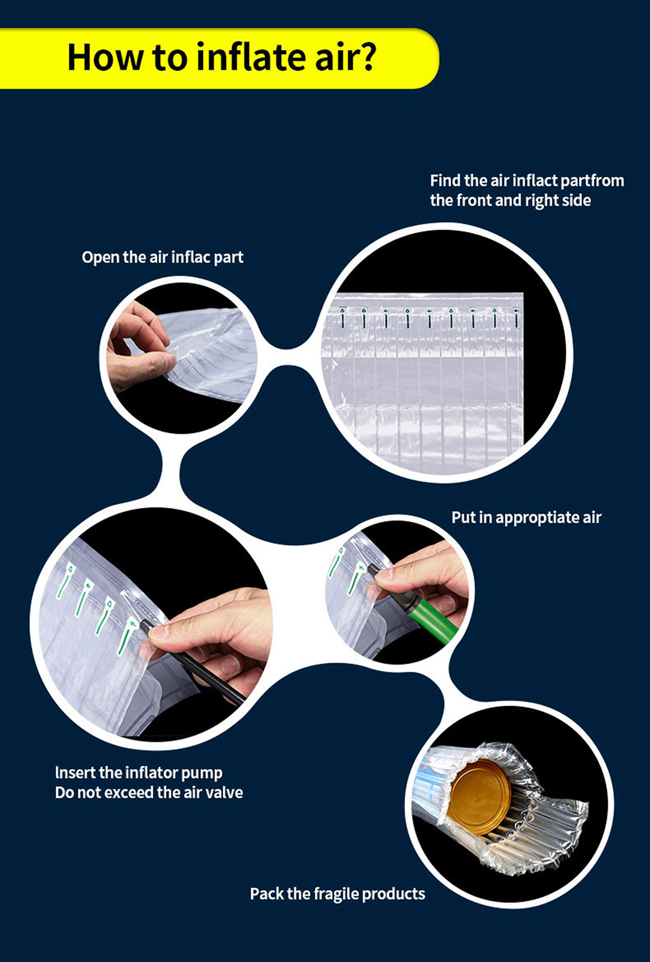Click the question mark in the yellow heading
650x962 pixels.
tap(365, 57)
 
